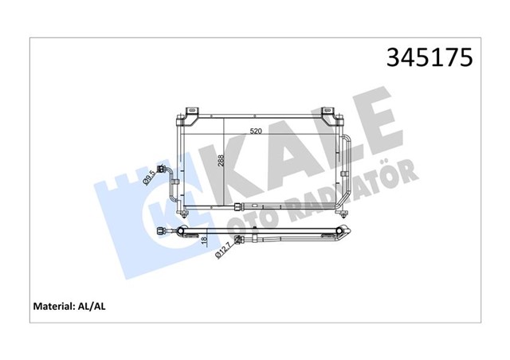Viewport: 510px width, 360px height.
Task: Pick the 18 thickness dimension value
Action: (203, 241)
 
